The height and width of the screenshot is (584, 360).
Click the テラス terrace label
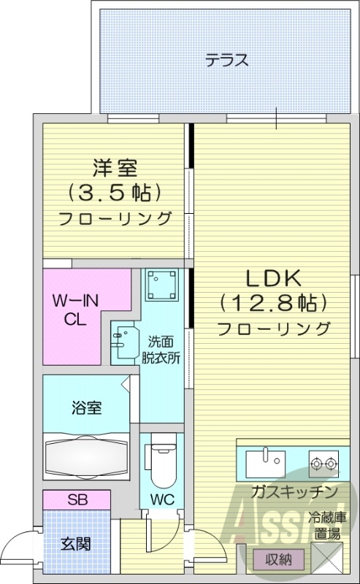pyautogui.click(x=226, y=61)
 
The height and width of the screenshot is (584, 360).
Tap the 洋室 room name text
pyautogui.click(x=115, y=168)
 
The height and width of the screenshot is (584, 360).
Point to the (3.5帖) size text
pyautogui.click(x=115, y=193)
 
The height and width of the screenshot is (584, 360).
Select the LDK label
pyautogui.click(x=272, y=278)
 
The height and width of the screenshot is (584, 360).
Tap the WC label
pyautogui.click(x=162, y=502)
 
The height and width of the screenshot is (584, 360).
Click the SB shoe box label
pyautogui.click(x=77, y=501)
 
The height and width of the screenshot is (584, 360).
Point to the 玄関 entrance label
pyautogui.click(x=75, y=544)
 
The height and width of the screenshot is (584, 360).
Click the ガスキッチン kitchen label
pyautogui.click(x=292, y=491)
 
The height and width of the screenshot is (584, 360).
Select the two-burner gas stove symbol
pyautogui.click(x=323, y=461)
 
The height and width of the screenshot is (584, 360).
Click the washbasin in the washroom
pyautogui.click(x=123, y=340)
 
